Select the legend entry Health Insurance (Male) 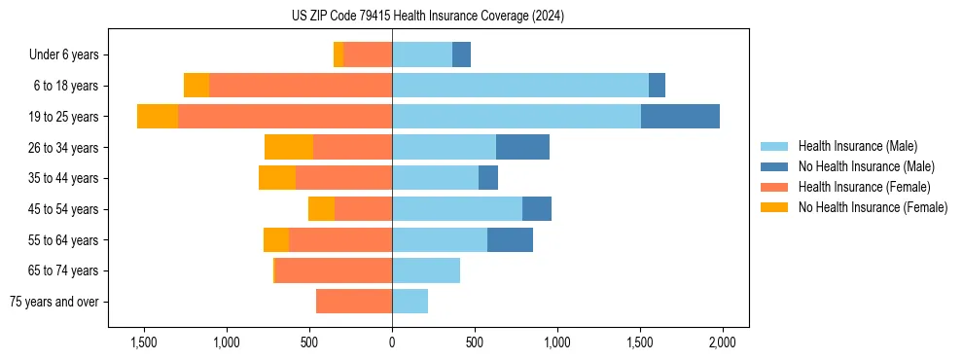pos(857,146)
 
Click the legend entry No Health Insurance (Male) pos(864,166)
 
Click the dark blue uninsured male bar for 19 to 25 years pos(680,116)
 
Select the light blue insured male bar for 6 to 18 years pos(520,86)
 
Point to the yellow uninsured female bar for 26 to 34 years pos(289,147)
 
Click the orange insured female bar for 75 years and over pos(354,302)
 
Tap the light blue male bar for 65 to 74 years pos(426,270)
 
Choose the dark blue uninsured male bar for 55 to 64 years pos(510,239)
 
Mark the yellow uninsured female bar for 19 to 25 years pos(158,116)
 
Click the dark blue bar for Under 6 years pos(461,54)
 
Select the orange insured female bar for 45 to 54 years pos(363,209)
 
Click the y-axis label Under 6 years pos(70,55)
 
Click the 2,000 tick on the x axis pos(722,342)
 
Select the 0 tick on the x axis pos(392,342)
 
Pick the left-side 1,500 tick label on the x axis pos(143,342)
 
